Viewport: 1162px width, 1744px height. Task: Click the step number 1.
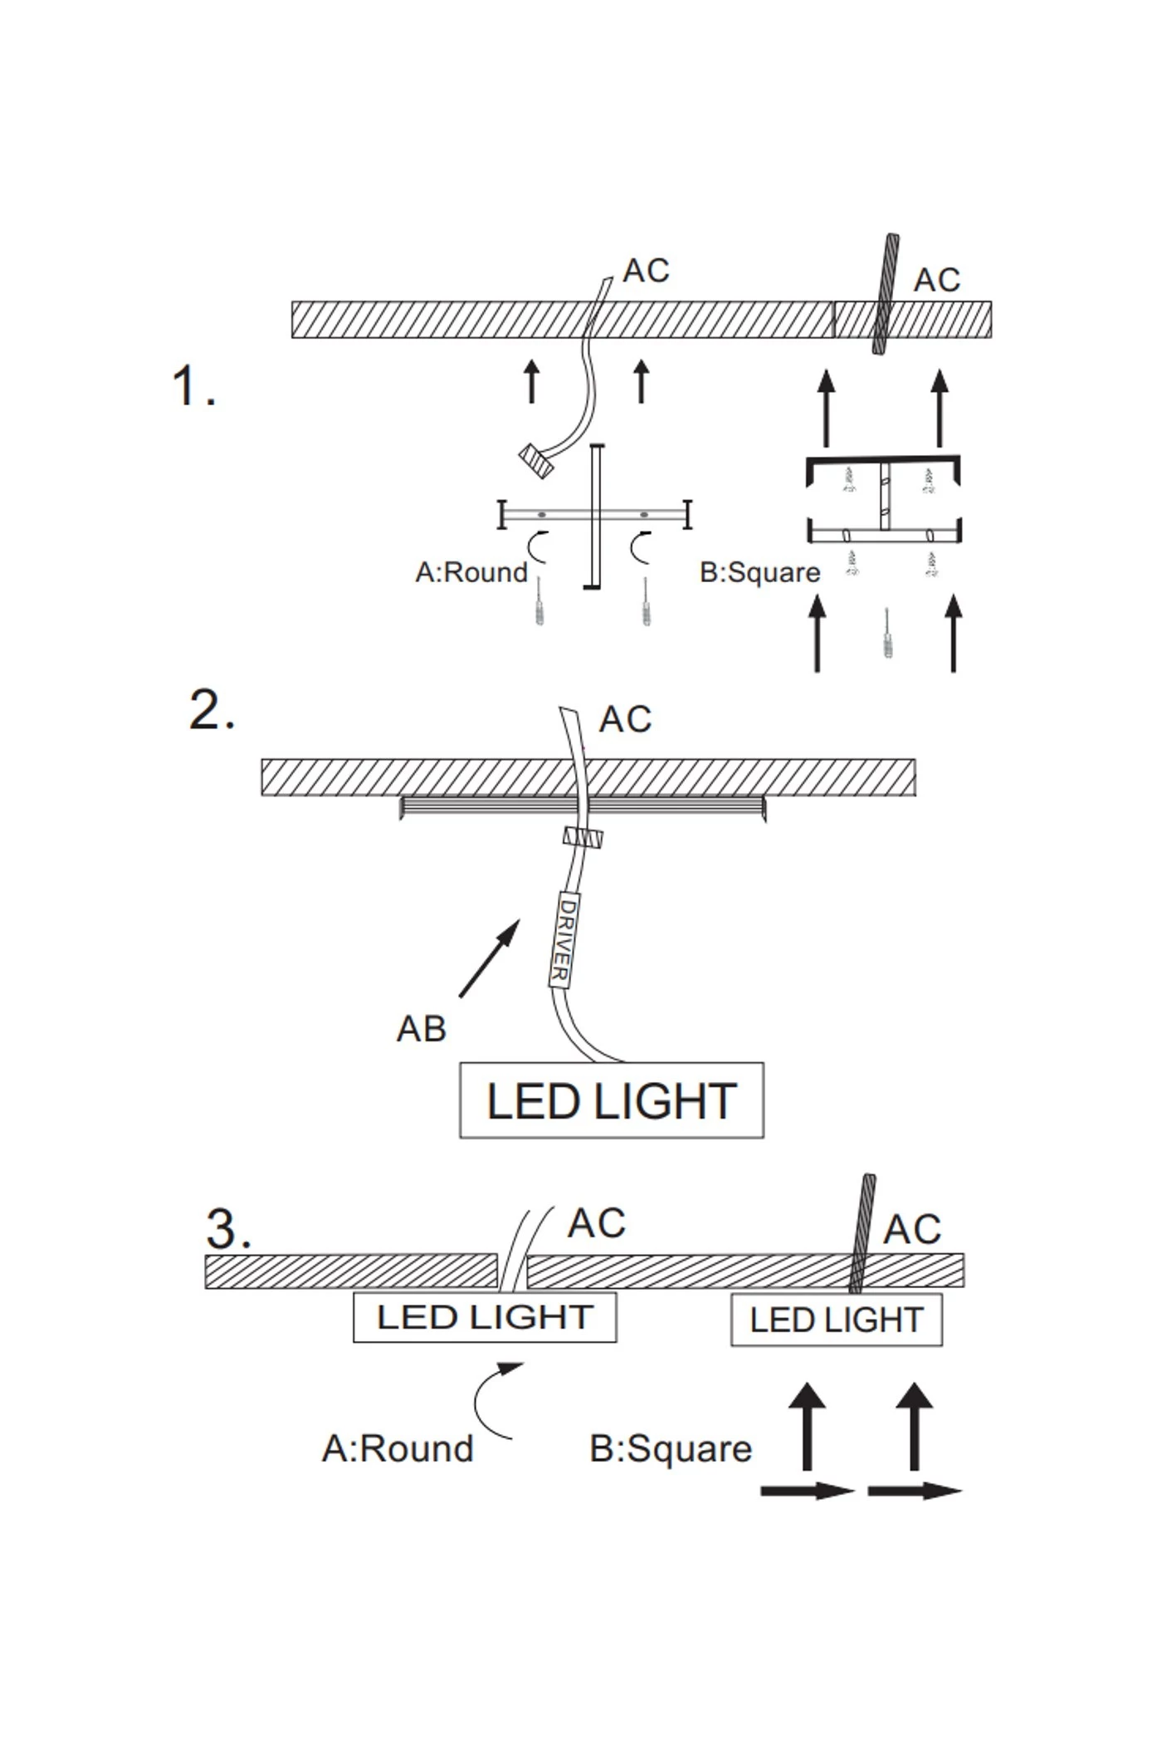coord(193,387)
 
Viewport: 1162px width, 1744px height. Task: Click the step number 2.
coord(212,711)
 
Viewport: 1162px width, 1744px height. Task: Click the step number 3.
coord(227,1229)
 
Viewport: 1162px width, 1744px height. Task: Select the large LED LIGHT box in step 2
coord(612,1100)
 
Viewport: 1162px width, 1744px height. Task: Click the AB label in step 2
coord(422,1029)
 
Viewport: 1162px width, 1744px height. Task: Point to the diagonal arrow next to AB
coord(489,958)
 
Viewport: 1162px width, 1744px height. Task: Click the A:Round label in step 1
coord(471,572)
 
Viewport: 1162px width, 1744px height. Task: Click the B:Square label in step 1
coord(760,572)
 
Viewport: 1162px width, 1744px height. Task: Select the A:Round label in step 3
coord(398,1448)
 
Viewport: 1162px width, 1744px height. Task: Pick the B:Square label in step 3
coord(671,1448)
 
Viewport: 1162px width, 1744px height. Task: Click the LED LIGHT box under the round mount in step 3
coord(485,1317)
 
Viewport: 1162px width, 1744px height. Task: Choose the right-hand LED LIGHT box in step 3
coord(836,1320)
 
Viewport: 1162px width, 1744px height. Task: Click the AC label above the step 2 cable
coord(625,719)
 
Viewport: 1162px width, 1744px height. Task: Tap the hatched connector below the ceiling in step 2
coord(583,837)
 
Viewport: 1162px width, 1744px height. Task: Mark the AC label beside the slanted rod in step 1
coord(937,281)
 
